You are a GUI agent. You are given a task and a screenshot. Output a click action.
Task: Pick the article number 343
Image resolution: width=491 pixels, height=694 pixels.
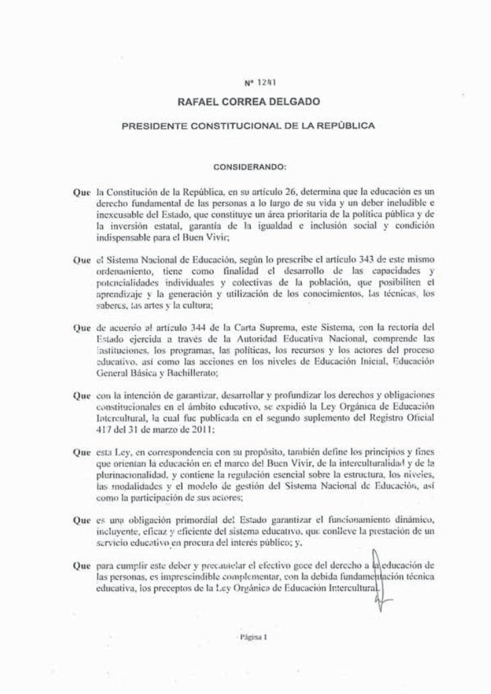click(x=365, y=259)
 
